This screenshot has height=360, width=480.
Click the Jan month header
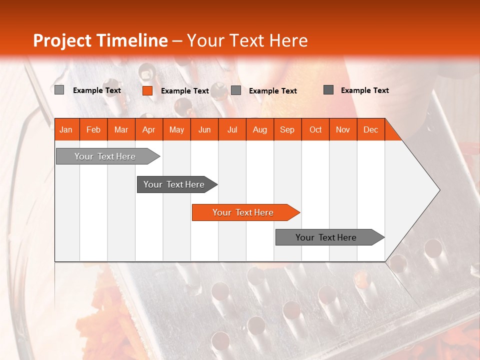tap(66, 129)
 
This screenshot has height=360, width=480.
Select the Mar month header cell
tap(121, 129)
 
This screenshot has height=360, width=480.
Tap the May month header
tap(176, 129)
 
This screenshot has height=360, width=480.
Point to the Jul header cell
tap(232, 129)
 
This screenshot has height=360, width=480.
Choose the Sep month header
tap(287, 129)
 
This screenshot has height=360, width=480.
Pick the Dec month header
tap(370, 129)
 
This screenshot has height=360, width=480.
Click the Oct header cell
tap(315, 129)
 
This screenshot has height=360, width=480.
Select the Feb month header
tap(93, 129)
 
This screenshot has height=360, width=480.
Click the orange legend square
tap(147, 90)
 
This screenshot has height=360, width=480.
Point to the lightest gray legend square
tap(59, 90)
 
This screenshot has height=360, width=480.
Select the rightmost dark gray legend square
tap(328, 90)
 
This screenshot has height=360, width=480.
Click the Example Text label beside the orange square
tap(184, 91)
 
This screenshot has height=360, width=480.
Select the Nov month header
tap(343, 129)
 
